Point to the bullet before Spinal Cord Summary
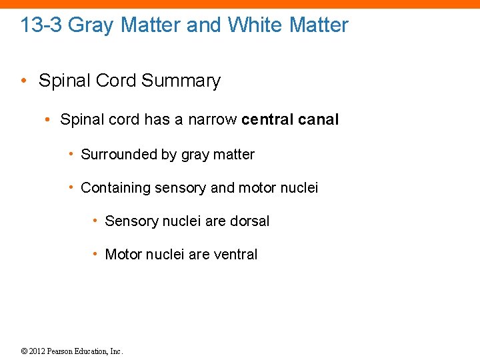click(24, 81)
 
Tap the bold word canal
click(318, 120)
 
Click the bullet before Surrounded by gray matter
click(71, 155)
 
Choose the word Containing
click(115, 188)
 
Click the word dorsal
click(249, 221)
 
